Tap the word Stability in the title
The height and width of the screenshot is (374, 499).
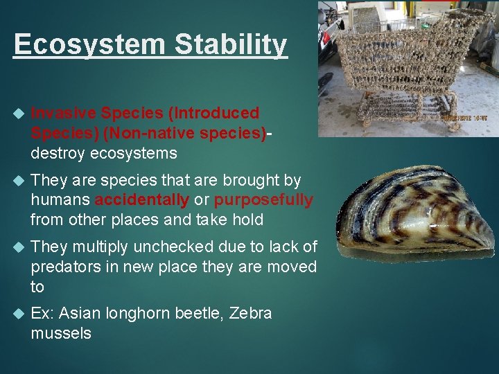click(231, 45)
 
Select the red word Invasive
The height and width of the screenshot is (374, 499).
click(64, 113)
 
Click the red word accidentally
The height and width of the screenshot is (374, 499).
click(141, 200)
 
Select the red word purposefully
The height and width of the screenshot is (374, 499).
click(263, 200)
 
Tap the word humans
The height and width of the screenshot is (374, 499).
click(60, 200)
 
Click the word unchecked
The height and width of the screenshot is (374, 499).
click(172, 247)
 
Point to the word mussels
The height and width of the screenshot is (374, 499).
click(61, 333)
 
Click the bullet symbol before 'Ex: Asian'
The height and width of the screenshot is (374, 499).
click(18, 314)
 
